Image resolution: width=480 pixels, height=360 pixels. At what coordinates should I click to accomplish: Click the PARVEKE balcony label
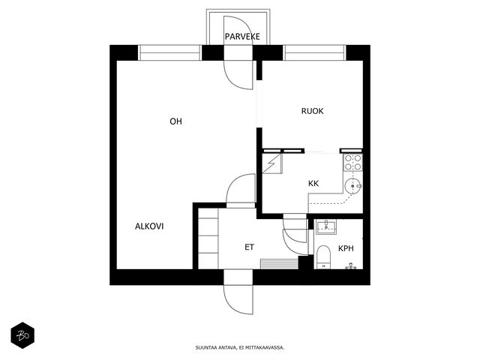coord(242,37)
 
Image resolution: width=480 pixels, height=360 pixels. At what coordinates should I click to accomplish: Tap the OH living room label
coord(175,121)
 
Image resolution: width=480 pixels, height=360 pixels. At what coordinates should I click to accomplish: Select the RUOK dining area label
coord(312,111)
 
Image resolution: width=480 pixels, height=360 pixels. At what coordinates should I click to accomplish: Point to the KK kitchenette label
coord(313,183)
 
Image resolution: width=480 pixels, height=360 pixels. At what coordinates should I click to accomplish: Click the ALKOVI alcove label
coord(149,226)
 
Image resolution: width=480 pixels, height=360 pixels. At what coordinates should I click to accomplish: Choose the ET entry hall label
coord(249,247)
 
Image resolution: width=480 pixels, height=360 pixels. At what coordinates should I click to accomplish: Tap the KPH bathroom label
coord(346,248)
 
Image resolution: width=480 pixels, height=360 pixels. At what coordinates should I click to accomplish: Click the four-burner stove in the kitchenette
coord(353,163)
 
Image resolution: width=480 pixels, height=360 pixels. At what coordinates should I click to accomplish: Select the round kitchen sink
coord(353,186)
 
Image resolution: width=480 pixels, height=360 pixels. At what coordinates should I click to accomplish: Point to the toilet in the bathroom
coord(323,257)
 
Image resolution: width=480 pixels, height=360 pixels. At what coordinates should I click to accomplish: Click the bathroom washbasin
coord(326,226)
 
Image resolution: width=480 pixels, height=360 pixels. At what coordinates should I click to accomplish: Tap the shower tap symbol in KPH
coord(351,266)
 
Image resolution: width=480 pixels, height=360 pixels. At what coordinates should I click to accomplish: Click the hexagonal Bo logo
coord(22,335)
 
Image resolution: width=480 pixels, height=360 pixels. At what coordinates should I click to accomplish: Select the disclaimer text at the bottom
coord(240,347)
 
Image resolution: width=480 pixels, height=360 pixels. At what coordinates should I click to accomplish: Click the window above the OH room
coord(170,52)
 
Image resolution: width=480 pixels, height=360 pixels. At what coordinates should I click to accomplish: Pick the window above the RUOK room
coord(314,52)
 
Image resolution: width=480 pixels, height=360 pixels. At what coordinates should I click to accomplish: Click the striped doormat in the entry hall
coord(279,264)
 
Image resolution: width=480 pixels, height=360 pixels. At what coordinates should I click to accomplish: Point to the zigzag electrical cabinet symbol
coord(271,163)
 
